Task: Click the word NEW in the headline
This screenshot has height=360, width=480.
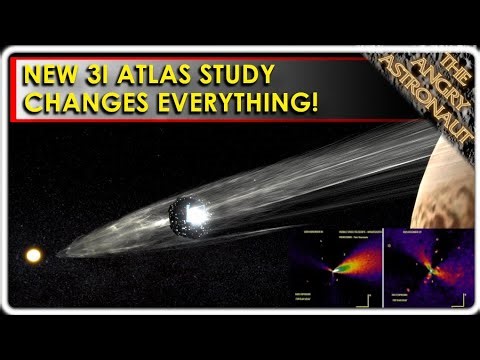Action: (x=55, y=76)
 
